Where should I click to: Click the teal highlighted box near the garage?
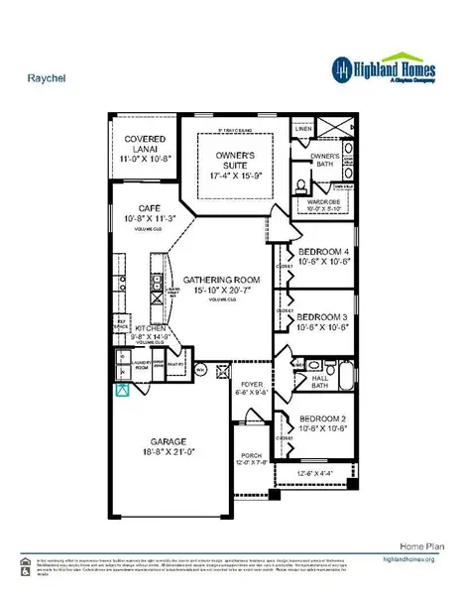tap(123, 389)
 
